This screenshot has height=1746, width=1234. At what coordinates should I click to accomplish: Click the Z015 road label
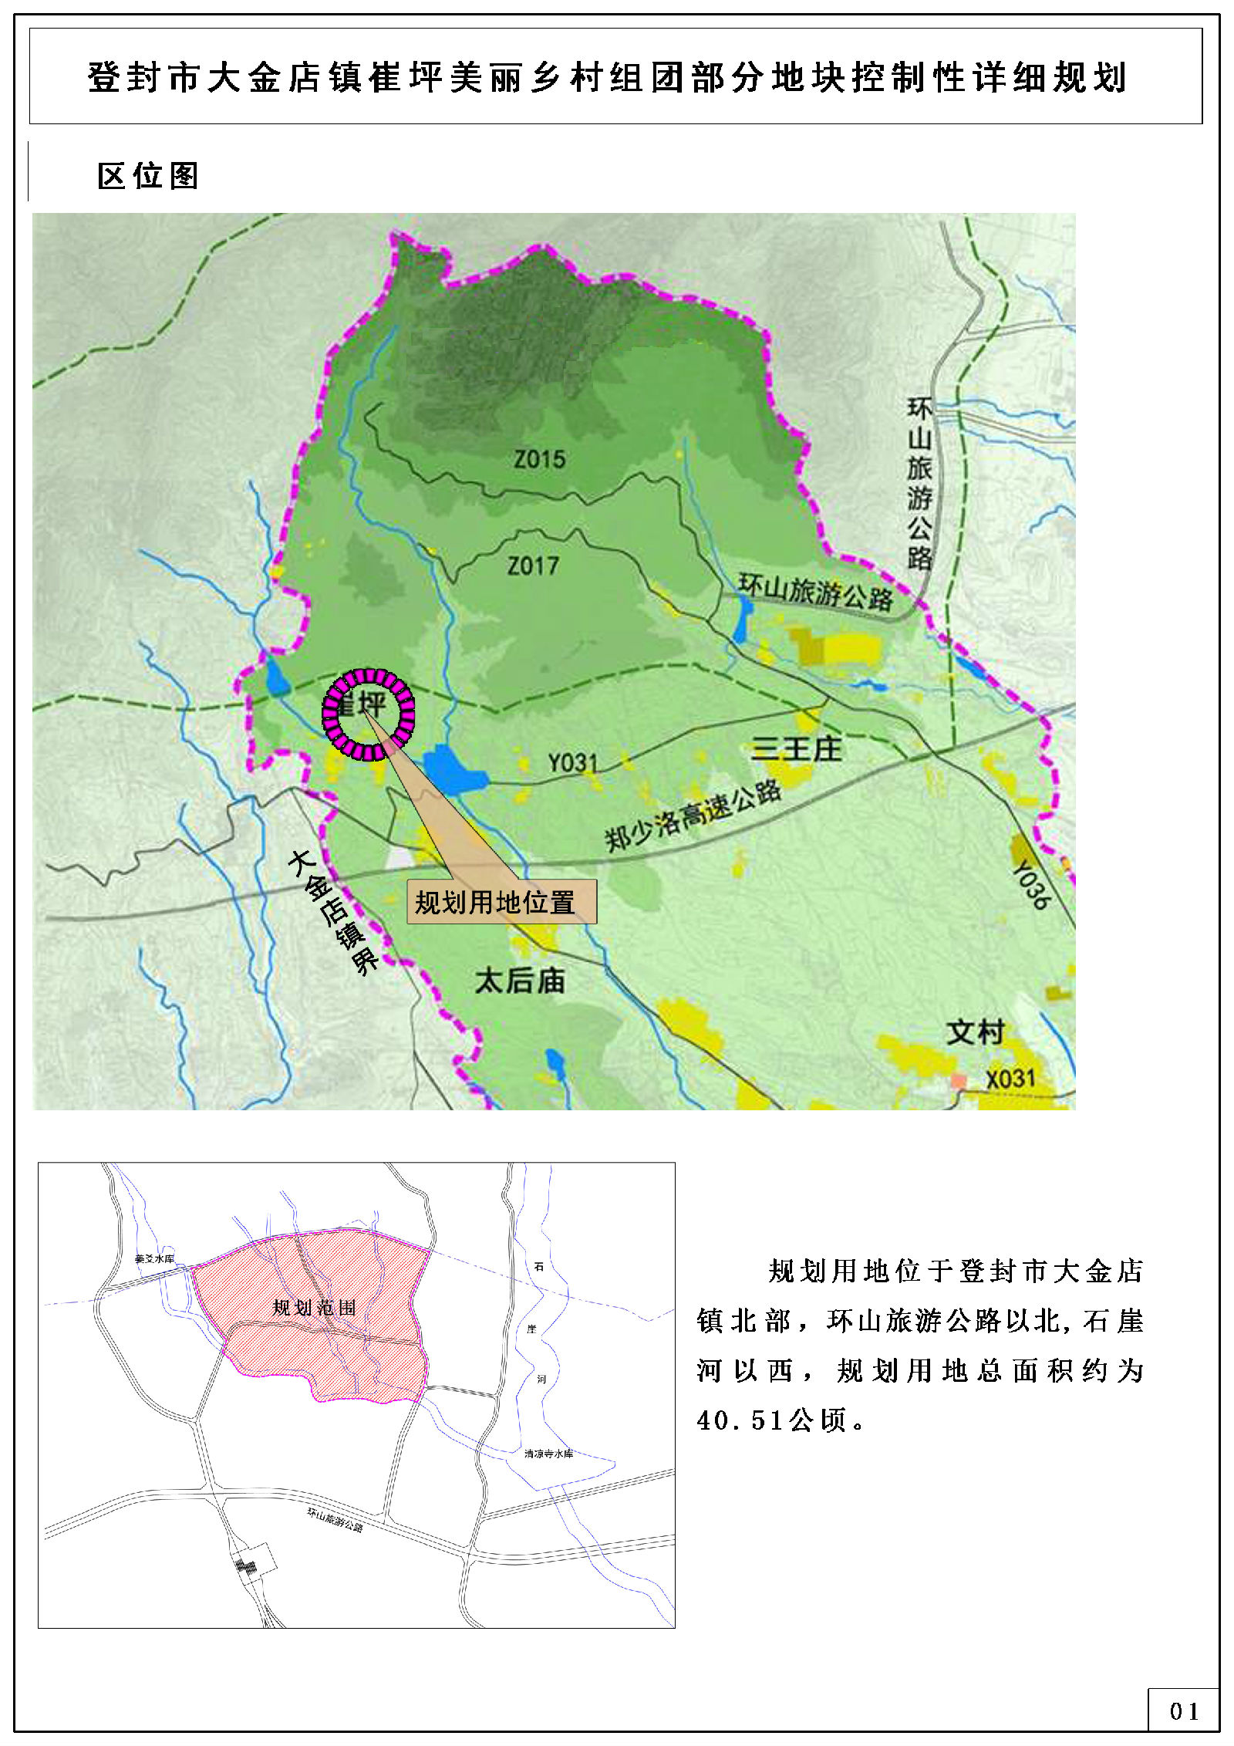point(540,460)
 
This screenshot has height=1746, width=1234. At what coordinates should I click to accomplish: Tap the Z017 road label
point(533,566)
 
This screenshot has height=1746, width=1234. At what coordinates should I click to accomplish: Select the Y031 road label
point(573,763)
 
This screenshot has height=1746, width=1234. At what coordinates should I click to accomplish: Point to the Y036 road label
point(1031,885)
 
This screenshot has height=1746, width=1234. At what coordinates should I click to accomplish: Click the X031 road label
point(1010,1078)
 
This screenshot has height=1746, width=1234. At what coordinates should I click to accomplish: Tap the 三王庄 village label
point(797,748)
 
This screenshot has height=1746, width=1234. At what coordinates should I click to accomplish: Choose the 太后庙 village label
point(520,981)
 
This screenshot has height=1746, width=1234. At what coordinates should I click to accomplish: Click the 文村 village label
point(976,1032)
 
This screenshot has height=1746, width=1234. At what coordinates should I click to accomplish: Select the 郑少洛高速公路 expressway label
point(693,816)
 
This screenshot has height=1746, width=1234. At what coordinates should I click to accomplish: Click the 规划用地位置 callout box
point(501,902)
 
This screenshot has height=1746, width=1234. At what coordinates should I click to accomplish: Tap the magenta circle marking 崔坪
point(369,714)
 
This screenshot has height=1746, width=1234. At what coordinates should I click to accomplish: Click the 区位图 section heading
point(148,176)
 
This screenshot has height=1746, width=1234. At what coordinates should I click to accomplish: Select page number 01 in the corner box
point(1183,1711)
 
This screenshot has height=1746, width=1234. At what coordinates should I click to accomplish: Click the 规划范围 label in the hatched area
point(315,1307)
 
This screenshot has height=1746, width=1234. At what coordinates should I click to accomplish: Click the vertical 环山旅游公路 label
point(919,483)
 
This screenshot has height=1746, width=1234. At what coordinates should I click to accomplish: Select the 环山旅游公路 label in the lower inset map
point(335,1519)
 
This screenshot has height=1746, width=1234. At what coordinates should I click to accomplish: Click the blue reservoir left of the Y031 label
point(453,769)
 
